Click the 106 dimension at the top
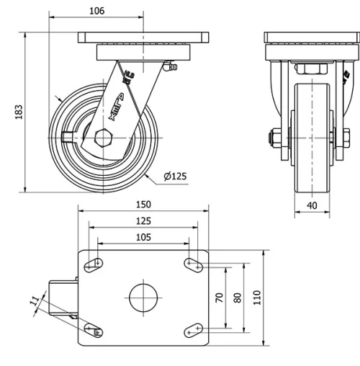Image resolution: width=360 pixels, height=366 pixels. [x=97, y=10]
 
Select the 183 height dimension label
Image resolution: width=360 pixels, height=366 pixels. [x=19, y=112]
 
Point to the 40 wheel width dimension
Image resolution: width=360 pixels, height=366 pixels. [x=311, y=205]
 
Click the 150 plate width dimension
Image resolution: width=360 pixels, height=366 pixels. [x=143, y=205]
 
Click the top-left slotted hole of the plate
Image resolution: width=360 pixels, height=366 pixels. [x=94, y=264]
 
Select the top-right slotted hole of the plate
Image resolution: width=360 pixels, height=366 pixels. [x=193, y=264]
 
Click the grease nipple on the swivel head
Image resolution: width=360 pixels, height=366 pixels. [x=170, y=68]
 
